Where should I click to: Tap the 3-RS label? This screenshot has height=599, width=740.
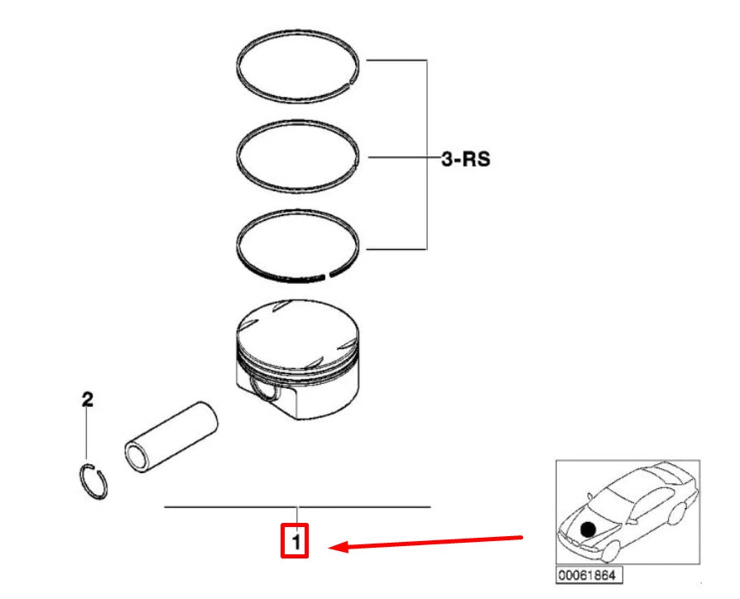click(464, 158)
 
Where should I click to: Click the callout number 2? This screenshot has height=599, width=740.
click(86, 400)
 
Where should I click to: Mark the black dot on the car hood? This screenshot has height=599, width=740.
click(588, 529)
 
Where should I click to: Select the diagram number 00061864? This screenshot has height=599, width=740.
click(589, 575)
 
